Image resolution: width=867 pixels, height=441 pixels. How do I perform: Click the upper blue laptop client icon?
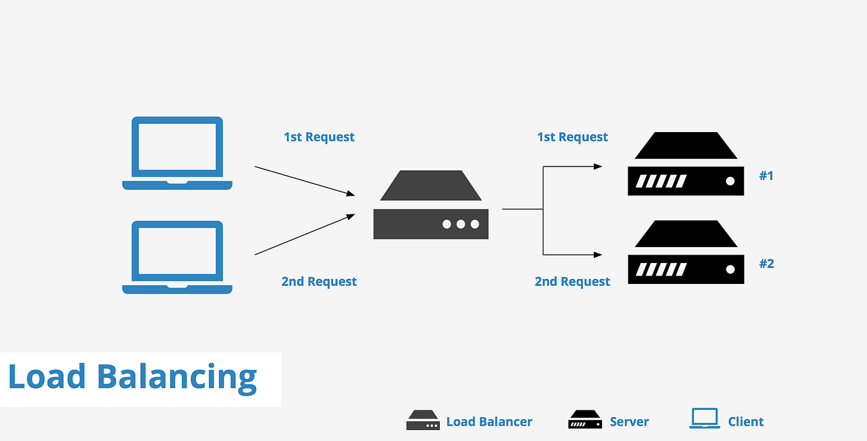coord(177,152)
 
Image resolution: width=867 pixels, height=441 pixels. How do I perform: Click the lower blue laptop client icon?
coord(177,257)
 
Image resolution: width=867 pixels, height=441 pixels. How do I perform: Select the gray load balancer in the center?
coord(431,206)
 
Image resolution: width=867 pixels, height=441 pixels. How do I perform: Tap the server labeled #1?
coord(686,165)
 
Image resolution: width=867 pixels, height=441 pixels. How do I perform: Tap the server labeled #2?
coord(686,253)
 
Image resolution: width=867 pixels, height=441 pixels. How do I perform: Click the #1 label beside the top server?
coord(766,176)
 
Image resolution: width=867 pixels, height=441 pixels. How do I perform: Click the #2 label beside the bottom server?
coord(766,264)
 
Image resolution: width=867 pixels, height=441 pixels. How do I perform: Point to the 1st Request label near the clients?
coord(319,137)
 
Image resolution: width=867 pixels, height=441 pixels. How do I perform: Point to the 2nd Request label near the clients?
coord(319,281)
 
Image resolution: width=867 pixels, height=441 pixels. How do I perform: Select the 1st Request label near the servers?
coord(572,137)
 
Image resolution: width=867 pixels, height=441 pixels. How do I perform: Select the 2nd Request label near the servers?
coord(572,281)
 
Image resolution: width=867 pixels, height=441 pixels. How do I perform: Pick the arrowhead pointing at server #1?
coord(598,167)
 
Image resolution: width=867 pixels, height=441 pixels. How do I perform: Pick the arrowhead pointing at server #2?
coord(598,255)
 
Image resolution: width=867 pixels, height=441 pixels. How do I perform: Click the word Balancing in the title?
coord(177,377)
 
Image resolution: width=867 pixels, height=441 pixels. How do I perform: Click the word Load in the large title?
coord(47,377)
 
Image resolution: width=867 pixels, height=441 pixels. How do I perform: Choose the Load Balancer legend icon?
coord(423,421)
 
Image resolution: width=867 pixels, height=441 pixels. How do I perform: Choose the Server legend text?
coord(629,422)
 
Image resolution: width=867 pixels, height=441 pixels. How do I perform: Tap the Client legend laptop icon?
coord(704,419)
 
